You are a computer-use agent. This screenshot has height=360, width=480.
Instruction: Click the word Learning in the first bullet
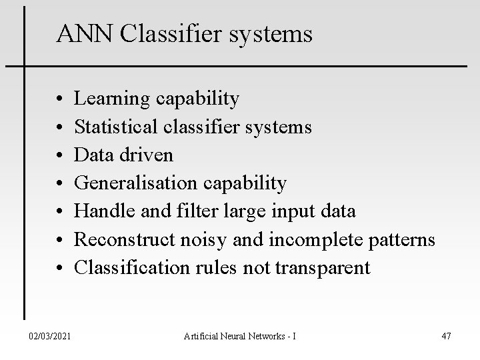[111, 99]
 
